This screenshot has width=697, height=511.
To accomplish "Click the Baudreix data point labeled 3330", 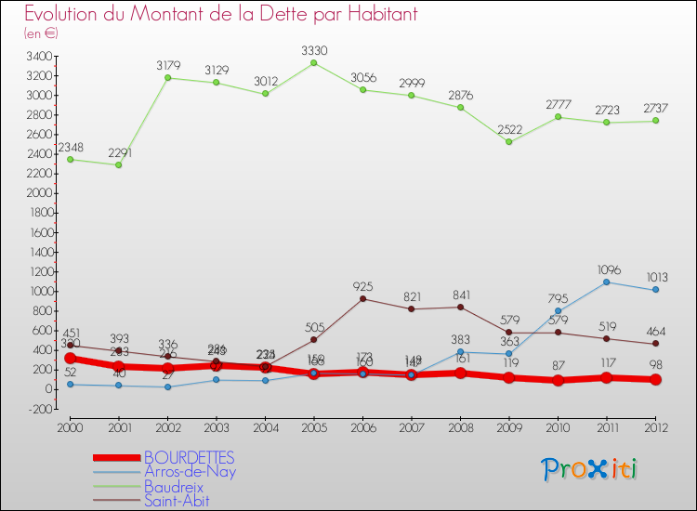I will click(313, 63).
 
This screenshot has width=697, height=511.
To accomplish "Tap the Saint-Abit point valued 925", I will click(362, 298).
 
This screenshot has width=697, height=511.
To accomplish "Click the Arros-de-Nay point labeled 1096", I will click(606, 282).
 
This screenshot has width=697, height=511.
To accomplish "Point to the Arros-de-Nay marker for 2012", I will click(655, 290).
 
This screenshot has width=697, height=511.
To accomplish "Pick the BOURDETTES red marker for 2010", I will click(558, 380).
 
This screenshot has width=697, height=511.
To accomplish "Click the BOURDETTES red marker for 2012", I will click(655, 379).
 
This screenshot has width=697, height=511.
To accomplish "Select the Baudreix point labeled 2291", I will click(118, 164).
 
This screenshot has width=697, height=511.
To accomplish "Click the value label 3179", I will click(167, 65).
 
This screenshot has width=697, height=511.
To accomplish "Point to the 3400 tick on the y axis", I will click(38, 57).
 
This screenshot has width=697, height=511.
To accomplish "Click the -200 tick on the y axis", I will click(38, 409).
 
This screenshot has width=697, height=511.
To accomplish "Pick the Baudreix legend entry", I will click(174, 486).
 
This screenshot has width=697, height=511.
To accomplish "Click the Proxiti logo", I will click(589, 469).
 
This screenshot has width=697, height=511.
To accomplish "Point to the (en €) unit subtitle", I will click(41, 33).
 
